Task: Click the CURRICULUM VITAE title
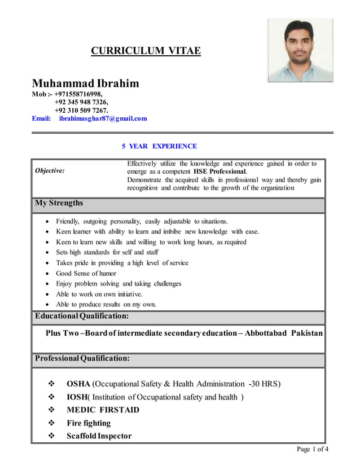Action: [146, 51]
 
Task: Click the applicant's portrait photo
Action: [300, 50]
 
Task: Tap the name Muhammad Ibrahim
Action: [85, 83]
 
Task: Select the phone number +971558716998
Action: [78, 94]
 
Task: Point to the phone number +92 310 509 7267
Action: [81, 110]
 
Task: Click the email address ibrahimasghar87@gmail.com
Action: [103, 118]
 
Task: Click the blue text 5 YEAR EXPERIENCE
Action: [159, 146]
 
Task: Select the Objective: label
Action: [50, 170]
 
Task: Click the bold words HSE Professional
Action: [219, 171]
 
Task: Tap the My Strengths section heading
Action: [59, 203]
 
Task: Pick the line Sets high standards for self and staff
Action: [107, 252]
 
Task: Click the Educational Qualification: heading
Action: [82, 316]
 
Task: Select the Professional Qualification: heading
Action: [82, 358]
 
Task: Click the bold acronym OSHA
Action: [78, 384]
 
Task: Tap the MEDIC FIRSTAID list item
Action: [103, 410]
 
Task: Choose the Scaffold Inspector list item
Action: [99, 436]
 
